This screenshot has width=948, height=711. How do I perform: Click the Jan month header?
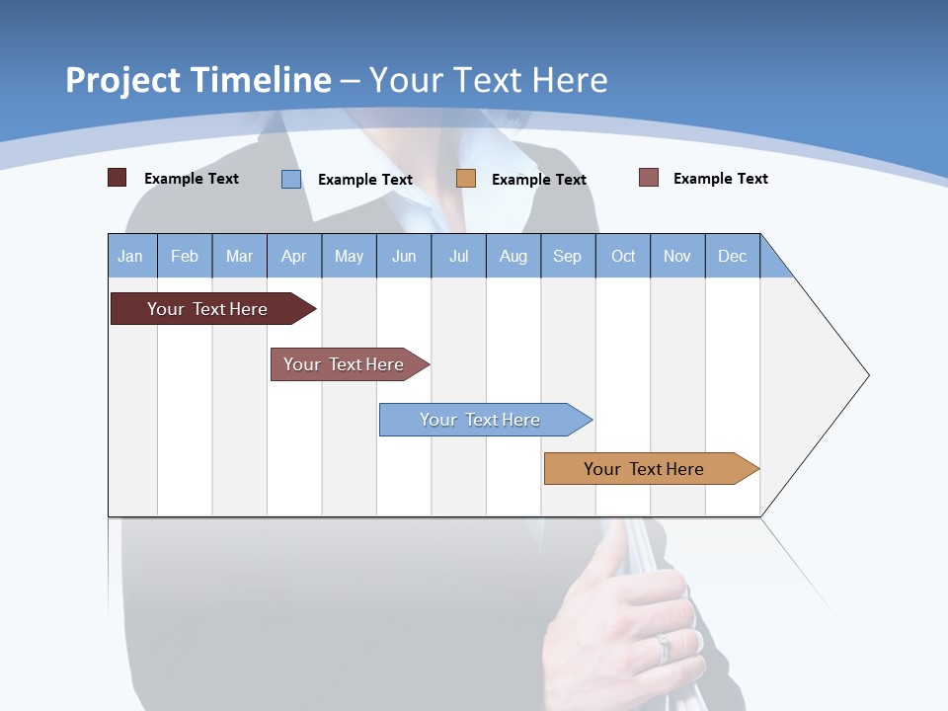131,256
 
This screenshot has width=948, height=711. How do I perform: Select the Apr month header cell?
294,256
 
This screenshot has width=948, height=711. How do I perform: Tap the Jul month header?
458,256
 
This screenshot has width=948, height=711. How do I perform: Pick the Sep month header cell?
568,256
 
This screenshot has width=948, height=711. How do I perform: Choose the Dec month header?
732,256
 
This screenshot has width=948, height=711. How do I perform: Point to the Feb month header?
185,256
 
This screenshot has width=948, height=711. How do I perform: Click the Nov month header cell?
677,256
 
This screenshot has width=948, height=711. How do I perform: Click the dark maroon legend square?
118,178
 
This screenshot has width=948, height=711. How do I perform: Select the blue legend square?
291,179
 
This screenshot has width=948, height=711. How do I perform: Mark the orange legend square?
466,179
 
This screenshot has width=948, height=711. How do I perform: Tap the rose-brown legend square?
649,178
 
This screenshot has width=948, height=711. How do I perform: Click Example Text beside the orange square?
538,180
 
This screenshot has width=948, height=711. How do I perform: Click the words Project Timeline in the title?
198,80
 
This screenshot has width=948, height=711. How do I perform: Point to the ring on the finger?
663,647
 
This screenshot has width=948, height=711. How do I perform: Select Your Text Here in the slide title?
489,80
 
